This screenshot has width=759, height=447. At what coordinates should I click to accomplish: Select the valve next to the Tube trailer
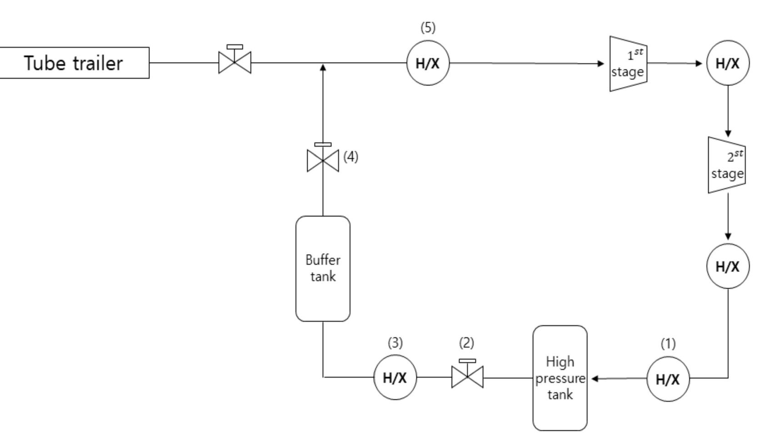pyautogui.click(x=235, y=62)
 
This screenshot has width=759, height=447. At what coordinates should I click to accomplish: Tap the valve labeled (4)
pyautogui.click(x=323, y=160)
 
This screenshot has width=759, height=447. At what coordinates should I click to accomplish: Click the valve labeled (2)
pyautogui.click(x=467, y=377)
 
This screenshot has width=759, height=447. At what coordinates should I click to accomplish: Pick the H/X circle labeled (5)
pyautogui.click(x=428, y=63)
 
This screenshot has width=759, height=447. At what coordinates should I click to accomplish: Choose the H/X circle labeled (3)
pyautogui.click(x=395, y=377)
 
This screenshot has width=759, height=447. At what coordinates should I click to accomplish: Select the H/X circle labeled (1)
pyautogui.click(x=668, y=379)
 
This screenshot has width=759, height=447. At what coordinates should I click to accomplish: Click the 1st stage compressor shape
pyautogui.click(x=628, y=64)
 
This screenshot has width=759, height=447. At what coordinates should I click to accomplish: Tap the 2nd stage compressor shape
pyautogui.click(x=726, y=165)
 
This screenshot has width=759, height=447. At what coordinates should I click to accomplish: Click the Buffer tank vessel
pyautogui.click(x=323, y=268)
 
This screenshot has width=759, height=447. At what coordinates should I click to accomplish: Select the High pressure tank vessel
pyautogui.click(x=559, y=378)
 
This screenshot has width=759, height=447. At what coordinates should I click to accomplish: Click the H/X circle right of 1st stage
pyautogui.click(x=728, y=63)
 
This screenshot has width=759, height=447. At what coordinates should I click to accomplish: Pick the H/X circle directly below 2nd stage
pyautogui.click(x=728, y=266)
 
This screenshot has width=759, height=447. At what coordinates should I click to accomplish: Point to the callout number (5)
pyautogui.click(x=428, y=28)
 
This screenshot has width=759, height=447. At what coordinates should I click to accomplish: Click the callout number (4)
pyautogui.click(x=350, y=157)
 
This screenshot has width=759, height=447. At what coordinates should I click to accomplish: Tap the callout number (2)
pyautogui.click(x=466, y=343)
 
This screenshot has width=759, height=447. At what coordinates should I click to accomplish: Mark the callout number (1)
pyautogui.click(x=668, y=344)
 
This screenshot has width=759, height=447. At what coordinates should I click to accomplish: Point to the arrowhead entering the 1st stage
pyautogui.click(x=601, y=64)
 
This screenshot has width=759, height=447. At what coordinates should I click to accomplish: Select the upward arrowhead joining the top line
pyautogui.click(x=323, y=68)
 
